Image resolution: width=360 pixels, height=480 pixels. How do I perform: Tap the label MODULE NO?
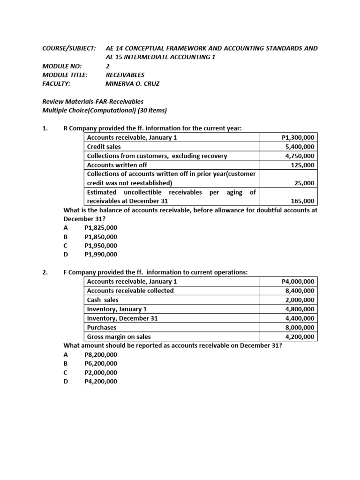click(x=62, y=66)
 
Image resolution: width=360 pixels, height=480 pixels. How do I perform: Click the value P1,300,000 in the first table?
click(x=298, y=137)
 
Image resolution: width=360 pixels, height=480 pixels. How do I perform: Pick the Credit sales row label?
click(x=104, y=147)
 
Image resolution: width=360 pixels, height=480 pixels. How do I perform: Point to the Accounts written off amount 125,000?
click(x=303, y=165)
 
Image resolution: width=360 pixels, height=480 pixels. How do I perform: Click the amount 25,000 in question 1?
click(x=305, y=183)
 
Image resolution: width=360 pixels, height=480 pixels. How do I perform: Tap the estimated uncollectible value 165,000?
click(x=303, y=202)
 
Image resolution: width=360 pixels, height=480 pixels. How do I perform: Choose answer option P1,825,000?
click(x=101, y=228)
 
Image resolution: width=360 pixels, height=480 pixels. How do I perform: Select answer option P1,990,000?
click(x=101, y=255)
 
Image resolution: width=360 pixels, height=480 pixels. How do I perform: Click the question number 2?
click(x=45, y=272)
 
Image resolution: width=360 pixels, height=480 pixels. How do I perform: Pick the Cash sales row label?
click(x=103, y=300)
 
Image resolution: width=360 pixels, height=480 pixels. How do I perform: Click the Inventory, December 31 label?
click(x=122, y=318)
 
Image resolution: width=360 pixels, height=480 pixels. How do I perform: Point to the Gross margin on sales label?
click(x=119, y=337)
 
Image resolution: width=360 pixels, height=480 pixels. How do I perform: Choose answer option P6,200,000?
click(x=101, y=363)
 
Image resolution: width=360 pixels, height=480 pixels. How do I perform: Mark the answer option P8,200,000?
click(x=101, y=354)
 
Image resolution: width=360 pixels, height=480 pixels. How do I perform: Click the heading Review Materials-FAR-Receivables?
click(x=93, y=101)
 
